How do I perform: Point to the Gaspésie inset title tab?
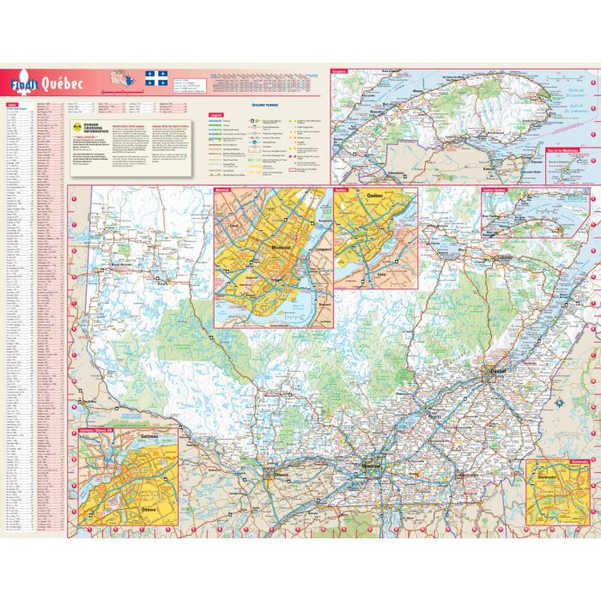pos(343,73)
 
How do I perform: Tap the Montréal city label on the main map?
pos(371,465)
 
